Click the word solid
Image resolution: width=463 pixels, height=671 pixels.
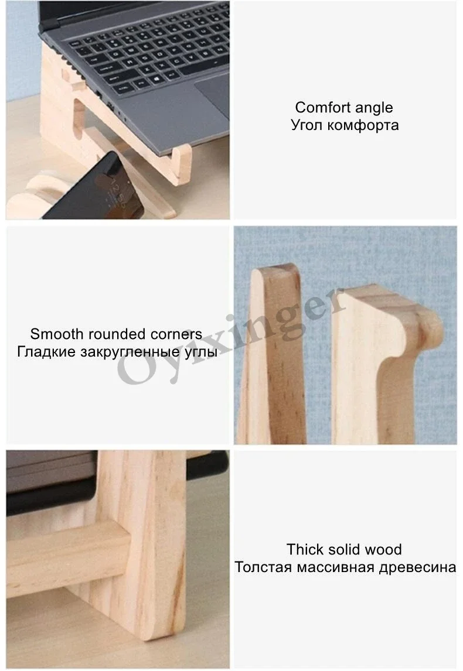point(344,549)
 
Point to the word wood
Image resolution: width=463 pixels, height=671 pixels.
point(383,549)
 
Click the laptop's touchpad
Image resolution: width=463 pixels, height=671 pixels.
point(214,94)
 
